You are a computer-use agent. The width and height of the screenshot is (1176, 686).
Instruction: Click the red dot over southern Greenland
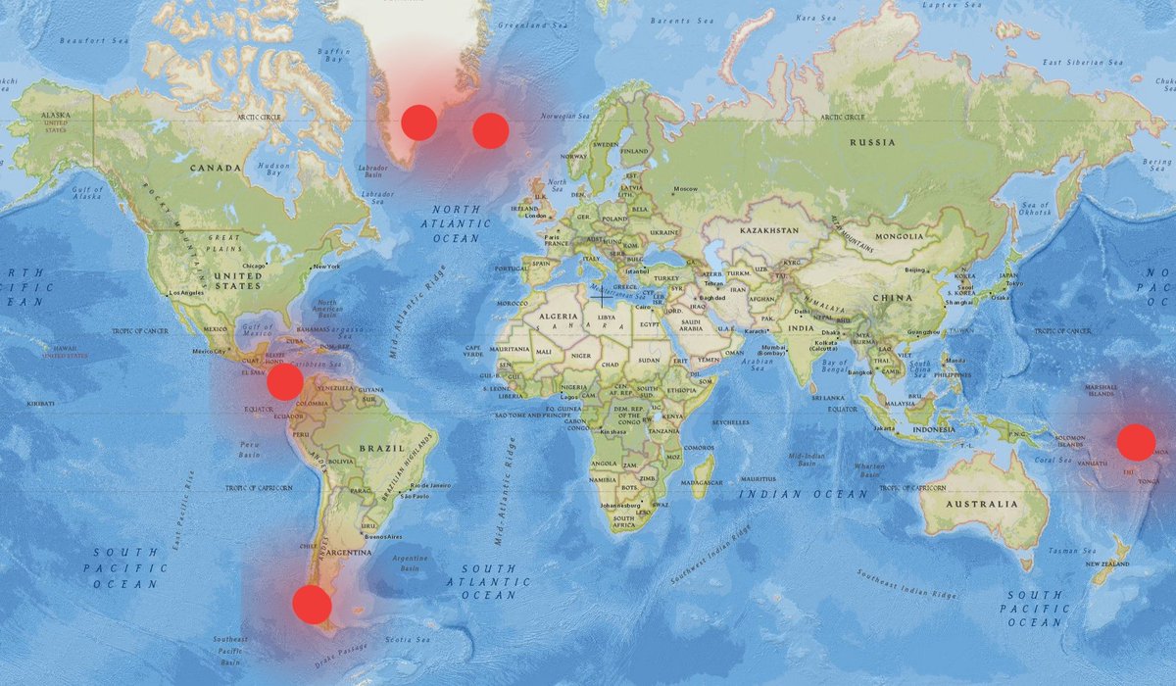pyautogui.click(x=418, y=122)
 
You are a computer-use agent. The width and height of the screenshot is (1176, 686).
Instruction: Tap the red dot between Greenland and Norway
pyautogui.click(x=490, y=130)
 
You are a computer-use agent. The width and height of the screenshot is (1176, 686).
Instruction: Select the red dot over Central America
pyautogui.click(x=284, y=381)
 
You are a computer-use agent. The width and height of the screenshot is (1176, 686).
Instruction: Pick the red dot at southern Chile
pyautogui.click(x=312, y=605)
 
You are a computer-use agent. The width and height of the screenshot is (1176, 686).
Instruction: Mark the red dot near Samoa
pyautogui.click(x=1136, y=442)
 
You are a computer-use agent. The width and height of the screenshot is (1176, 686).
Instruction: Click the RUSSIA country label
pyautogui.click(x=872, y=143)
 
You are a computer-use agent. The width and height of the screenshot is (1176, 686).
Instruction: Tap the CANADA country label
pyautogui.click(x=215, y=168)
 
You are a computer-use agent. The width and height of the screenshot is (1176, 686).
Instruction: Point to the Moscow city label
pyautogui.click(x=685, y=189)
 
